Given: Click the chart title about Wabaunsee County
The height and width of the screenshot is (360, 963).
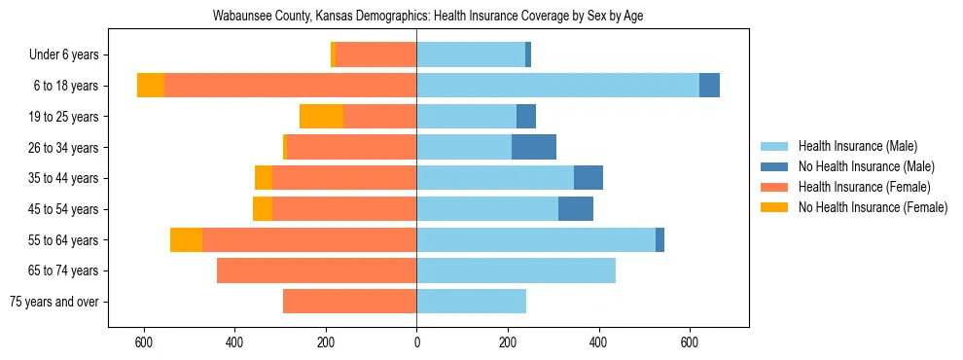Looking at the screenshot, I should tap(428, 17).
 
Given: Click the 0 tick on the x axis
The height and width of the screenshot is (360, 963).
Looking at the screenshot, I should tap(416, 342).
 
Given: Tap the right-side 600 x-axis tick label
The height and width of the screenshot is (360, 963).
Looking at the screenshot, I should tap(690, 342).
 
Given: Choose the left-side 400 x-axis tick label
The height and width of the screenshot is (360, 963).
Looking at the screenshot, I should tap(234, 342).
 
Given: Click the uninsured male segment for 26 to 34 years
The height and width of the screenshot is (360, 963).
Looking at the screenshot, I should tap(534, 147).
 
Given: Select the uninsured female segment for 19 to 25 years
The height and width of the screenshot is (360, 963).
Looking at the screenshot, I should tap(321, 117).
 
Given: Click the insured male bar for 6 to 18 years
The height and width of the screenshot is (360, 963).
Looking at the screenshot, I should tap(557, 86).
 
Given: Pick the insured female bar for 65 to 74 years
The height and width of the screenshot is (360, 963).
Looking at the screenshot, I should tap(316, 270).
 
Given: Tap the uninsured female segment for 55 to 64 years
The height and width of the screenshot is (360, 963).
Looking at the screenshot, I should tap(186, 239).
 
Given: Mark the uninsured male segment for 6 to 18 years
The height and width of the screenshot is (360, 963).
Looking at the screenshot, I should tap(709, 86).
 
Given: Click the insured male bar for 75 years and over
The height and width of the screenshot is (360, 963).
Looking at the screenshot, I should tap(471, 302).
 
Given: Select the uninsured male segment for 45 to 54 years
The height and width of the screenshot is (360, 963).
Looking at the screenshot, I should tap(576, 209).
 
